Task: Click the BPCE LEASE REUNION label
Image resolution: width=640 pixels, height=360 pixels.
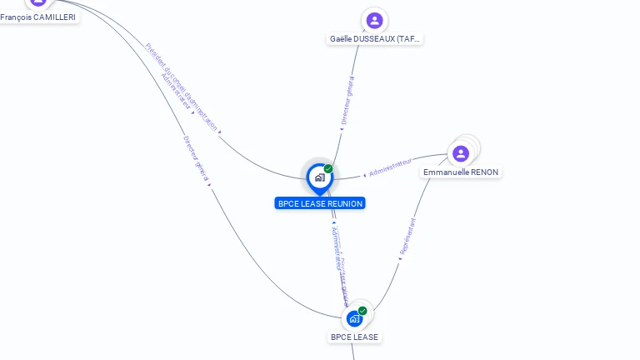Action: (x=320, y=203)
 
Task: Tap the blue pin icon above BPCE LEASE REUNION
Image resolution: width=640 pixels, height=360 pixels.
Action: (x=319, y=177)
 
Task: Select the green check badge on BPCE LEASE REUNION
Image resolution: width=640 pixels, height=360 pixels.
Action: (x=328, y=168)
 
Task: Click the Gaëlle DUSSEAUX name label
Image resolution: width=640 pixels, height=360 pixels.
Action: (x=375, y=38)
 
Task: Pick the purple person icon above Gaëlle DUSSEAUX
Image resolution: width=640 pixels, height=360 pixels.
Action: (x=374, y=20)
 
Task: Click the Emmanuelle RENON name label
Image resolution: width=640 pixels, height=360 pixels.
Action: (x=460, y=172)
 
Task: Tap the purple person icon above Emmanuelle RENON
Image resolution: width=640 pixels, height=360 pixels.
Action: (x=461, y=153)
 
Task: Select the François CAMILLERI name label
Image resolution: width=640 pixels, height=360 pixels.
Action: (x=38, y=17)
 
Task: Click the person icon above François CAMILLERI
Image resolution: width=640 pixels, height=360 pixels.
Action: (x=38, y=2)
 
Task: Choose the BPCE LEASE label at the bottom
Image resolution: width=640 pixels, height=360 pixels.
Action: (x=354, y=337)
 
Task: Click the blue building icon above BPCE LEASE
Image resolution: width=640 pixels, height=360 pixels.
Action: (x=355, y=318)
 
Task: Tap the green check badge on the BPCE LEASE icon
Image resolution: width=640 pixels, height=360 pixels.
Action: (x=362, y=311)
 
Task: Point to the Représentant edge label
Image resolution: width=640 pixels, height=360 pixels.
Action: (x=407, y=237)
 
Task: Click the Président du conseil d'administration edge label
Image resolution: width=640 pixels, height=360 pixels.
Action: (x=181, y=87)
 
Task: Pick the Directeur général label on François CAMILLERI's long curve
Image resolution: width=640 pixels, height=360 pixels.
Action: (x=195, y=158)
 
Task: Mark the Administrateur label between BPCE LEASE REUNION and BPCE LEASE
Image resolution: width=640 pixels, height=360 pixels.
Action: (x=335, y=249)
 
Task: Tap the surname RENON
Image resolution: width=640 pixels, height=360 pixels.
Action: (x=483, y=172)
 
